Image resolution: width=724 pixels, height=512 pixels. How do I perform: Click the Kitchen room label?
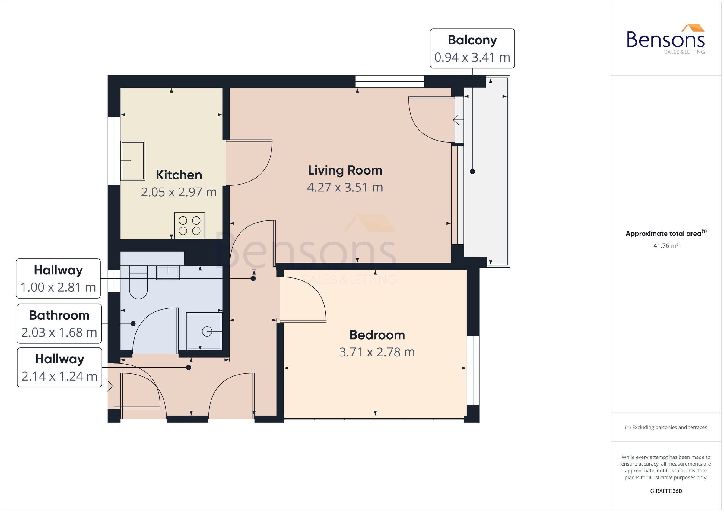pyautogui.click(x=179, y=175)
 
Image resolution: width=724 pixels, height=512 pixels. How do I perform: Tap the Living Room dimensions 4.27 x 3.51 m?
pyautogui.click(x=345, y=188)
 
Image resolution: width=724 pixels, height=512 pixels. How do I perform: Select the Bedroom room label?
pyautogui.click(x=377, y=335)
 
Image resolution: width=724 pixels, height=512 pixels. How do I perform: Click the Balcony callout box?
pyautogui.click(x=472, y=49)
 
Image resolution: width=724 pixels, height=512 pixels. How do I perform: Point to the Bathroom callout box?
pyautogui.click(x=59, y=324)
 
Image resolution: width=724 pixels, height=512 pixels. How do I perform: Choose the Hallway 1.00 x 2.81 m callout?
pyautogui.click(x=58, y=278)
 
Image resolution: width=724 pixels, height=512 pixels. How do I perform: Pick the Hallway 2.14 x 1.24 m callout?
pyautogui.click(x=60, y=367)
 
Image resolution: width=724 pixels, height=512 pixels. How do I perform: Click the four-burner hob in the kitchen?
pyautogui.click(x=189, y=226)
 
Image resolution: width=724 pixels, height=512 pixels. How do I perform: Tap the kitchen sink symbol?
pyautogui.click(x=133, y=161)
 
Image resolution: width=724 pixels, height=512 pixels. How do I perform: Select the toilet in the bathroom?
pyautogui.click(x=138, y=283)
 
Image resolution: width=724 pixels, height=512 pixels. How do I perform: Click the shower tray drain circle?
pyautogui.click(x=207, y=331)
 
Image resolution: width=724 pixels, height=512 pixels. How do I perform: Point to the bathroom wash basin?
pyautogui.click(x=168, y=272)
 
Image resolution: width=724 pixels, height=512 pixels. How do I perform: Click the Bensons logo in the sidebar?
pyautogui.click(x=665, y=40)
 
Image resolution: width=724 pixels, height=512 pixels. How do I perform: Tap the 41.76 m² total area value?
pyautogui.click(x=666, y=245)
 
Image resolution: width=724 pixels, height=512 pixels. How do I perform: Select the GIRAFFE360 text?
pyautogui.click(x=666, y=491)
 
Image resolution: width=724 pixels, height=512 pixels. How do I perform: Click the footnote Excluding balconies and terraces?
pyautogui.click(x=666, y=428)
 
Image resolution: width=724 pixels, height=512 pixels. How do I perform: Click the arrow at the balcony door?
pyautogui.click(x=458, y=120)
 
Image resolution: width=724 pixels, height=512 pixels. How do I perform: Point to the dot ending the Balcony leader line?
pyautogui.click(x=472, y=172)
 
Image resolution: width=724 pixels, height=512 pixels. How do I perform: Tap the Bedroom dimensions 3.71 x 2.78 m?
pyautogui.click(x=377, y=352)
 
